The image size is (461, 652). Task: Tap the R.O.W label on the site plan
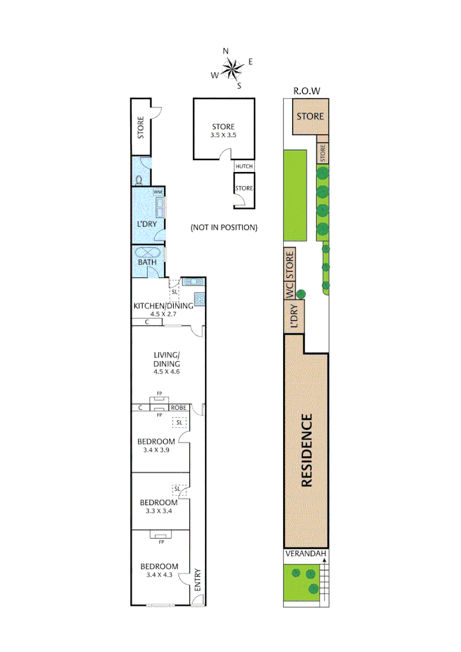pyautogui.click(x=306, y=91)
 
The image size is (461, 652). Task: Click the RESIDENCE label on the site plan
pyautogui.click(x=307, y=450)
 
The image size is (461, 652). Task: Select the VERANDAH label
pyautogui.click(x=306, y=554)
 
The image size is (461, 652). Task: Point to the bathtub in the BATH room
pyautogui.click(x=148, y=254)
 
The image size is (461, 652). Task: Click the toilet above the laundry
pyautogui.click(x=139, y=179)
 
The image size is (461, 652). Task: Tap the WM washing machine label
pyautogui.click(x=158, y=192)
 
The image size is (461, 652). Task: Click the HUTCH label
pyautogui.click(x=244, y=167)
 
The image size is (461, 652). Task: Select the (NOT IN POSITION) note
pyautogui.click(x=224, y=228)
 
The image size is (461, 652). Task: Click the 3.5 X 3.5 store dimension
pyautogui.click(x=223, y=135)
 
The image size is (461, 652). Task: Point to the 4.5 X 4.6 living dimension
pyautogui.click(x=164, y=372)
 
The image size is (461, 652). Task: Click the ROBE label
pyautogui.click(x=179, y=407)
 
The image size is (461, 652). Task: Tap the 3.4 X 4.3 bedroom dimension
pyautogui.click(x=159, y=575)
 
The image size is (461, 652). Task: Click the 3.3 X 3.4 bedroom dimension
pyautogui.click(x=159, y=511)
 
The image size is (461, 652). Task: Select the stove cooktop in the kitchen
pyautogui.click(x=200, y=298)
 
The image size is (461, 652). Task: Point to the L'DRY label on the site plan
pyautogui.click(x=294, y=318)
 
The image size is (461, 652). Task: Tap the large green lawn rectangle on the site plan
pyautogui.click(x=296, y=196)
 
